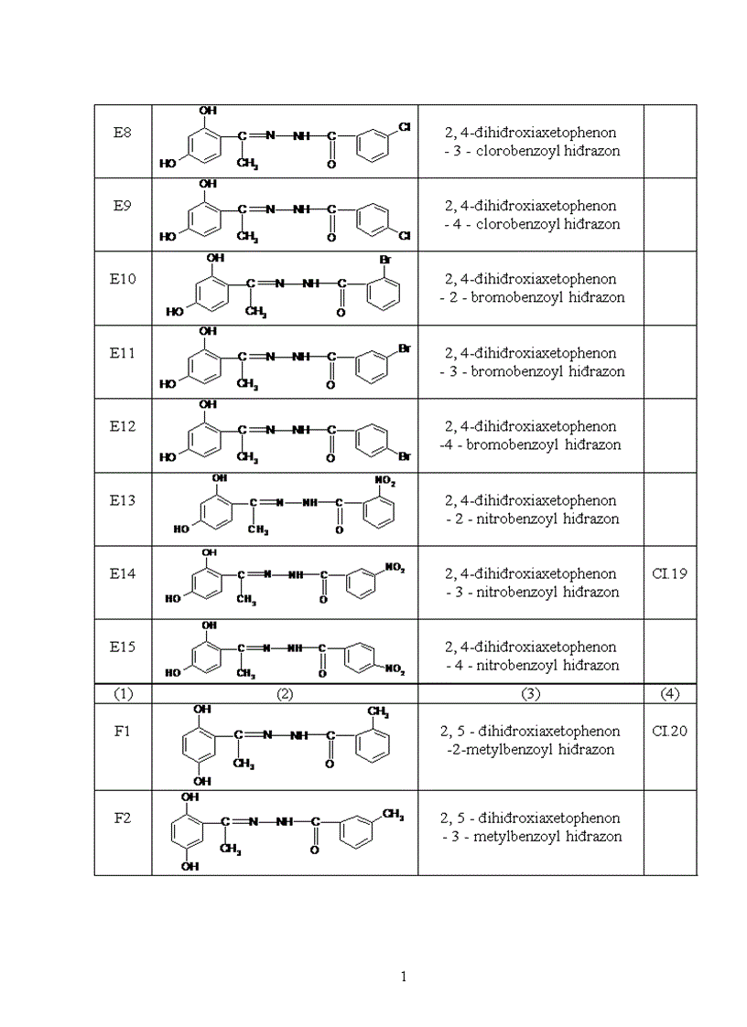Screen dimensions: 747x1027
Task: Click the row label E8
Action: coord(123,133)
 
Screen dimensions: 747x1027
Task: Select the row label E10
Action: coord(123,279)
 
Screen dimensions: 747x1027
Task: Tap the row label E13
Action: coord(123,500)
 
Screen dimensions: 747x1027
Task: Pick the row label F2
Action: coord(123,818)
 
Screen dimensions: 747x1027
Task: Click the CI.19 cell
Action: coord(670,573)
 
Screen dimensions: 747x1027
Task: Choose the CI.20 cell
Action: coord(670,731)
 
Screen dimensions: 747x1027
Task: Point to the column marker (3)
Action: coord(531,694)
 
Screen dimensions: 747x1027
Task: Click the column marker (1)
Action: coord(123,694)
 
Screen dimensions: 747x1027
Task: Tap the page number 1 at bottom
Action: coord(404,977)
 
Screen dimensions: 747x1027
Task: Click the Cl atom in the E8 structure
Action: coord(404,130)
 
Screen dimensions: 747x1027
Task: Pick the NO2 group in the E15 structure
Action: coord(395,669)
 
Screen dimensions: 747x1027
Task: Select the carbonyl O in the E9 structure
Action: coord(331,238)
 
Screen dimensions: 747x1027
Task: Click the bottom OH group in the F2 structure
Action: coord(190,867)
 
